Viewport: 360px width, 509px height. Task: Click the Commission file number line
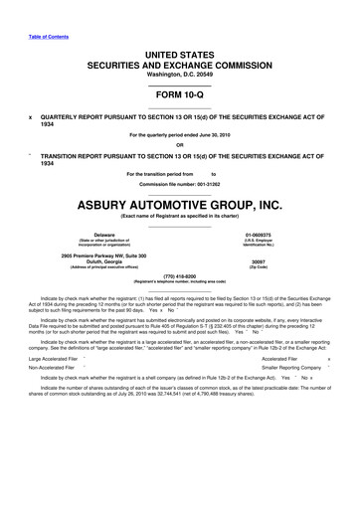tap(179, 185)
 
